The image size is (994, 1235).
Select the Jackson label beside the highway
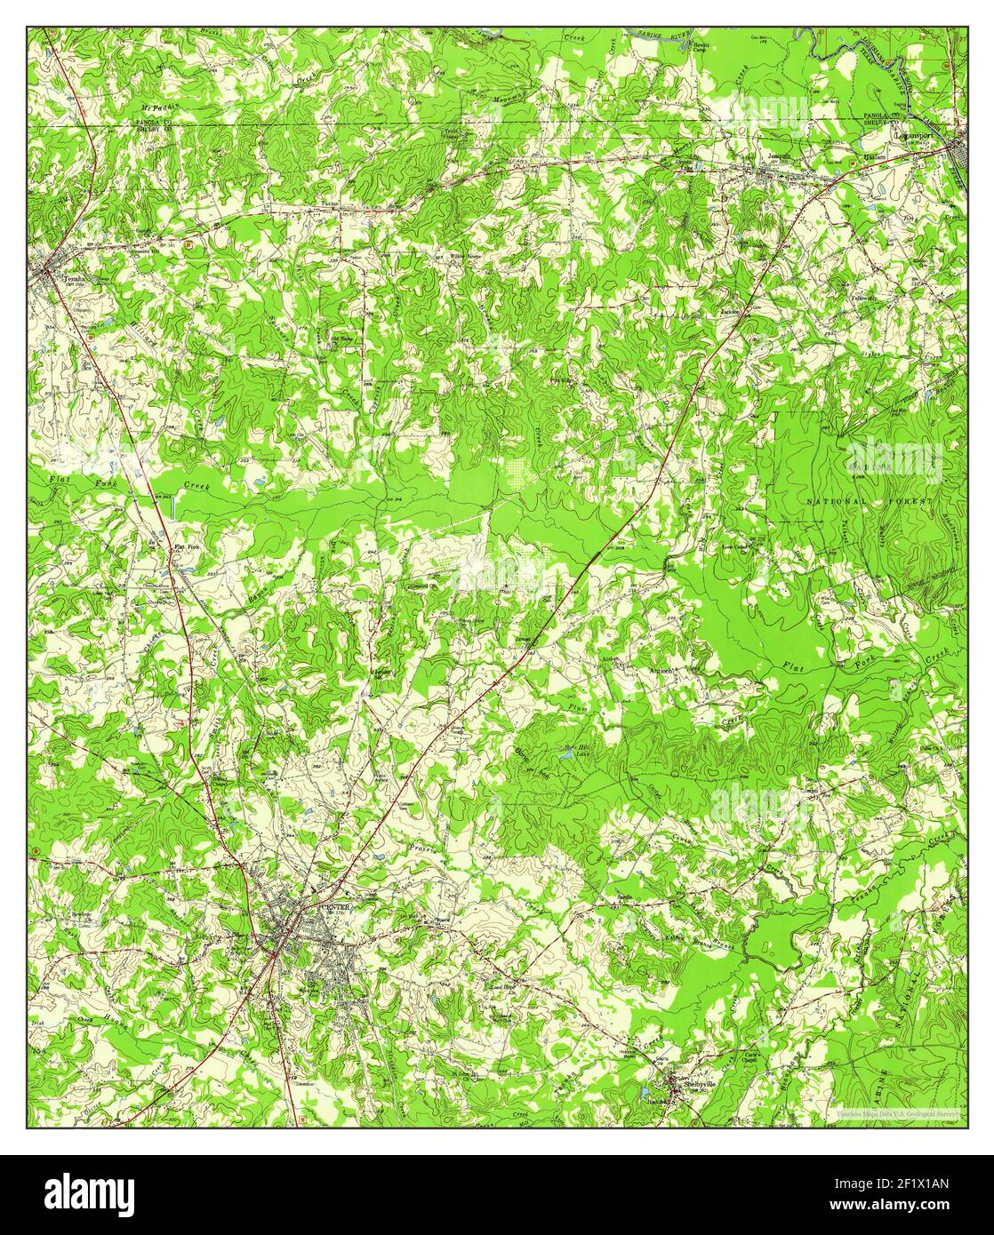pos(731,312)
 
